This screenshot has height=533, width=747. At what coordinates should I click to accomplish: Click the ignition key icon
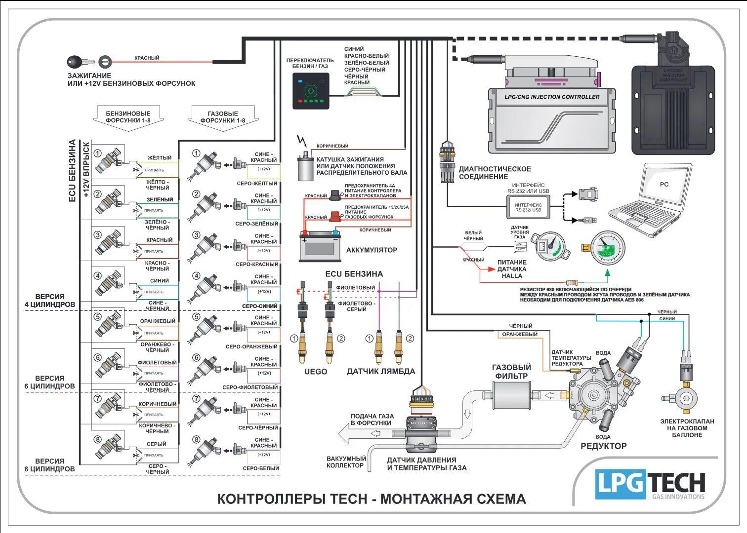point(79,62)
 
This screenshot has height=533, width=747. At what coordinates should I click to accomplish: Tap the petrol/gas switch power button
point(310,91)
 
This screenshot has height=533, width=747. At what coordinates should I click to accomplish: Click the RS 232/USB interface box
point(528,207)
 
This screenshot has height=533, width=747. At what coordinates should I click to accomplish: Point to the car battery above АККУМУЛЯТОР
point(320,247)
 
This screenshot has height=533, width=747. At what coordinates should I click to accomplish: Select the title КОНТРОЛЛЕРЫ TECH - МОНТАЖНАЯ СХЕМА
point(372,499)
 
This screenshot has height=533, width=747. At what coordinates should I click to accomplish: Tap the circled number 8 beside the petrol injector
point(98,440)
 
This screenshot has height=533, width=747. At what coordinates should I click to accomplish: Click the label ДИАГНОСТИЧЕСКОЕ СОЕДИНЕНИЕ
point(495,173)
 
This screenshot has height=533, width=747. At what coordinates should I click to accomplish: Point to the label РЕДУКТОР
point(603,446)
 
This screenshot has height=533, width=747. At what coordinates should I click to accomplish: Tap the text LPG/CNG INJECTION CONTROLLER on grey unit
point(552,97)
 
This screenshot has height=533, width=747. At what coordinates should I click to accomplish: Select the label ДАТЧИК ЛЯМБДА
point(381,372)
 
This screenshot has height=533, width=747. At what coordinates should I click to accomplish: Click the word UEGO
point(315,372)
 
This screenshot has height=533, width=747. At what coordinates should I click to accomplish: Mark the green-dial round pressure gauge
point(608,248)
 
